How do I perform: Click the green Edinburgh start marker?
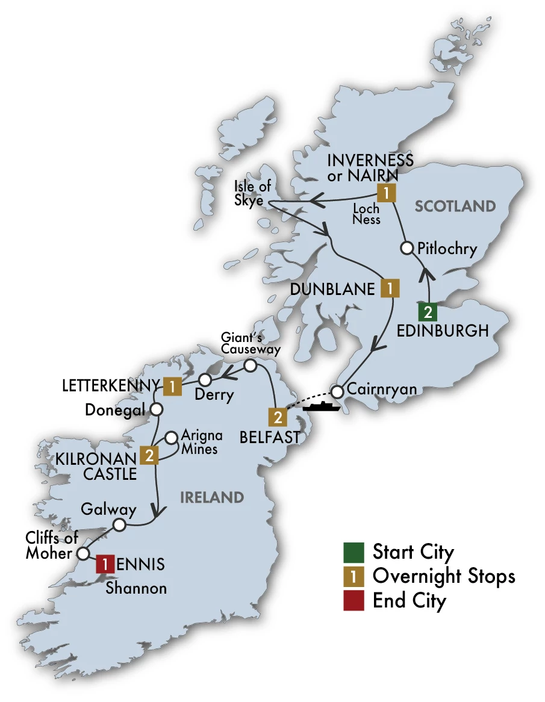tap(428, 312)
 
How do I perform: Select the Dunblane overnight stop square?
tap(390, 289)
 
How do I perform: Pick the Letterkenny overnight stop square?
tap(172, 386)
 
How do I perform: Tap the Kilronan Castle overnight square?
tap(149, 455)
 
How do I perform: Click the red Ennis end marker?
tap(105, 564)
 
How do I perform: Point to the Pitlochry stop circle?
tap(407, 247)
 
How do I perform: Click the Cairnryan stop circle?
tap(337, 391)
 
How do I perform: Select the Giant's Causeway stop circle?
tap(250, 365)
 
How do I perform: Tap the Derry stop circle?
tap(205, 379)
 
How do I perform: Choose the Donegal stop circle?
tap(157, 409)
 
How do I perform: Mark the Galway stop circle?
tap(119, 525)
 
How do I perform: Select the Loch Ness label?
tap(367, 214)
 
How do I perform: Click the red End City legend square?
tap(353, 601)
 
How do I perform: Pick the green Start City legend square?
tap(353, 551)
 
